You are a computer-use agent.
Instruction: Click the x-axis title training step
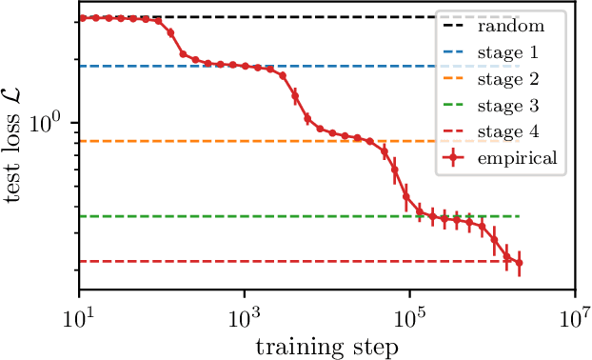[x=326, y=347]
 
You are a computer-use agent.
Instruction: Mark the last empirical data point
[x=520, y=263]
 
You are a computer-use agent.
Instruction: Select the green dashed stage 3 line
[x=238, y=216]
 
